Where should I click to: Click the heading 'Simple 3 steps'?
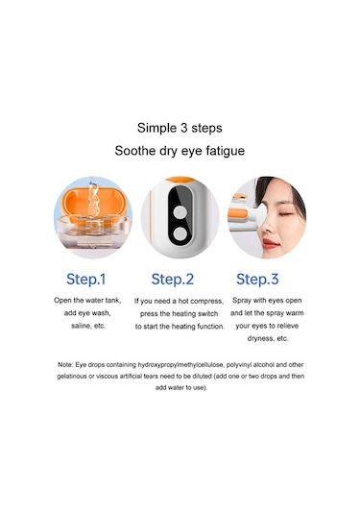point(180,126)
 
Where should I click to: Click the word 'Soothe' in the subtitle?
point(137,151)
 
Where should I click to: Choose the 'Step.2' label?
point(180,280)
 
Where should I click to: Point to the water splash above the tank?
point(90,197)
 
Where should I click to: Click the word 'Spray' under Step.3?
point(244,301)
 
